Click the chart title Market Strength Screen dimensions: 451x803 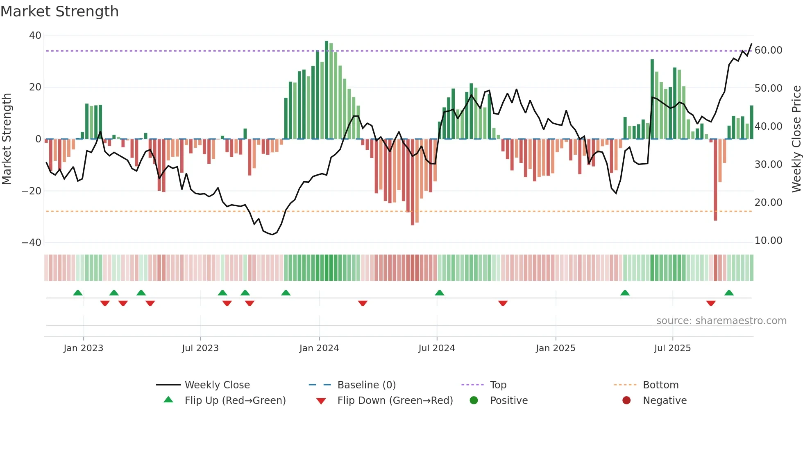pos(59,11)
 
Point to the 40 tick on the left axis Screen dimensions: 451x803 pos(35,36)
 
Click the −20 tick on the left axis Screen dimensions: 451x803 pos(32,191)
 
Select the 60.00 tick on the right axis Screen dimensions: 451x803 pos(768,50)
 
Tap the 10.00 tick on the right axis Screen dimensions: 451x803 pos(768,241)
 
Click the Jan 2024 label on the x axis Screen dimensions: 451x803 pos(319,348)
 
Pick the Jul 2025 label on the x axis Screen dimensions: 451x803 pos(672,348)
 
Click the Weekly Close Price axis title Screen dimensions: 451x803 pos(796,139)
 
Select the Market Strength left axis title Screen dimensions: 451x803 pos(7,139)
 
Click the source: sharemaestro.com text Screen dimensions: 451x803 pos(721,321)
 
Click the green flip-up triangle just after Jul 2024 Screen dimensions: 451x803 pos(439,293)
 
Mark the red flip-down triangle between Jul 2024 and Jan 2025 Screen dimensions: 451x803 pos(503,303)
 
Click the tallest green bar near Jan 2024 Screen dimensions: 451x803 pos(327,90)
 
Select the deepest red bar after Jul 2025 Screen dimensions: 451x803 pos(715,180)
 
